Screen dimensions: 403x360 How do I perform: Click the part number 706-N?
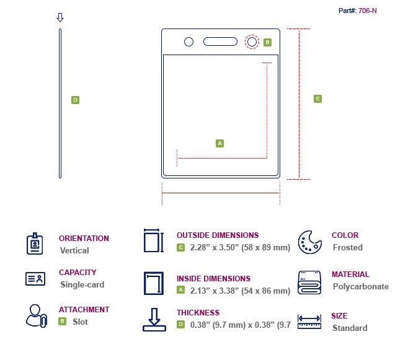pos(368,11)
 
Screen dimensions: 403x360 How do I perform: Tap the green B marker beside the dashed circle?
pos(268,42)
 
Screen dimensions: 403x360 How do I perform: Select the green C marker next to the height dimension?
pos(317,99)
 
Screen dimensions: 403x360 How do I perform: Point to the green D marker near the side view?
pos(75,100)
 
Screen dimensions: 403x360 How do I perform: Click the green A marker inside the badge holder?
pos(219,143)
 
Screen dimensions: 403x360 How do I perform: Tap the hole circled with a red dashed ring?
pos(252,42)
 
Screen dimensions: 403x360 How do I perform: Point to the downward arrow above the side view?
pos(60,17)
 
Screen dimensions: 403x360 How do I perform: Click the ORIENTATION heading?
pos(84,239)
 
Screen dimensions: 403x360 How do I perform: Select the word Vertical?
pos(74,250)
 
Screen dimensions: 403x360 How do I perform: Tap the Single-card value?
pos(82,284)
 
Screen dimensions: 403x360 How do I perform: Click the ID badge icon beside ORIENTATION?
pos(35,244)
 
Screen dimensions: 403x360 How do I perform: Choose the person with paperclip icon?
pos(37,316)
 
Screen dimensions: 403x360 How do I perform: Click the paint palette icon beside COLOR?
pos(310,242)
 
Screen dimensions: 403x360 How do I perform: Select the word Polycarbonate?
pos(361,286)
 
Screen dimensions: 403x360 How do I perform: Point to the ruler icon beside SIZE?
pos(309,322)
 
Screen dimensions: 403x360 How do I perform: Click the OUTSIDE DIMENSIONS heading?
pos(218,235)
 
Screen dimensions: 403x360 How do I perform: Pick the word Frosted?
pos(348,247)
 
